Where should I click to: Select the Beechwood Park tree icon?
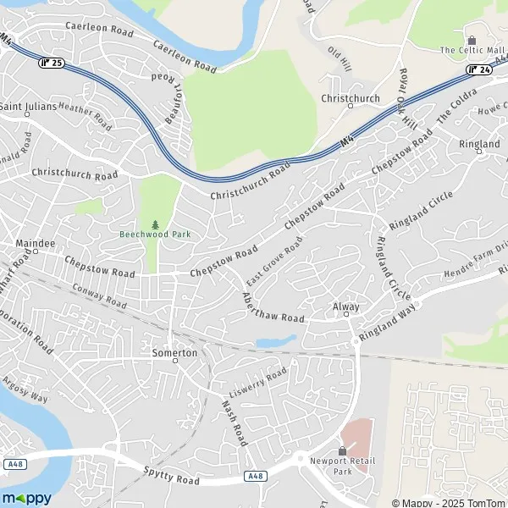154,224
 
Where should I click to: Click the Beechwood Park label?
154,235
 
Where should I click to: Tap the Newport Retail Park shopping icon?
342,450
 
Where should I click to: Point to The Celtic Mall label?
472,51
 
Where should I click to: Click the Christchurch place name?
350,98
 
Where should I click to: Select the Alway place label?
346,306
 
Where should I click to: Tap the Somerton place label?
174,352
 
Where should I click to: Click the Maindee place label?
35,244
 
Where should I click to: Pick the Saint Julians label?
27,107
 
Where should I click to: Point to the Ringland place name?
479,145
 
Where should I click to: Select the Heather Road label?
85,116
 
